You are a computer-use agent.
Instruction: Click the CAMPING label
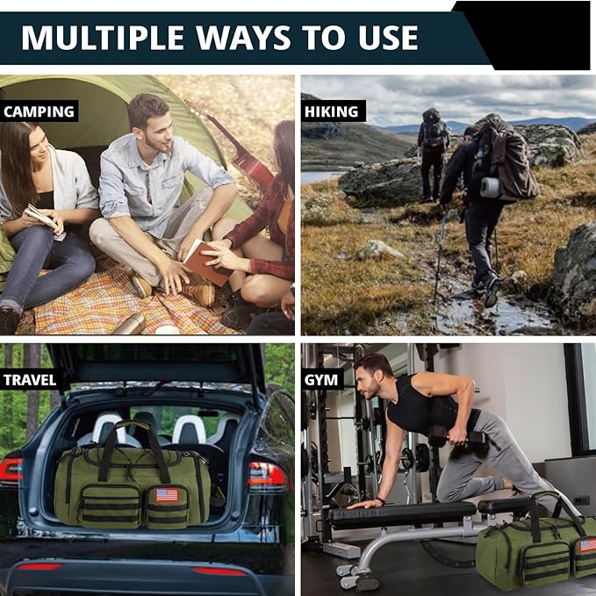(x=39, y=111)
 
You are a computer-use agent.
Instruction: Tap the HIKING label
(x=332, y=111)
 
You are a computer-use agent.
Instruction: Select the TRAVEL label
(x=30, y=380)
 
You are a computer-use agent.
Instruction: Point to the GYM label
(x=320, y=380)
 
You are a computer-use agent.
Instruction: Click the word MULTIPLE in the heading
(x=103, y=38)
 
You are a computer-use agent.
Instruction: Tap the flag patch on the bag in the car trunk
(x=167, y=495)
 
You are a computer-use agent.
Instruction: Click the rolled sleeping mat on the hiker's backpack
(x=490, y=187)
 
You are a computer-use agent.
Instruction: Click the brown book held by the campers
(x=206, y=262)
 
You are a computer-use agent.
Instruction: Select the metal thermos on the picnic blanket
(x=130, y=325)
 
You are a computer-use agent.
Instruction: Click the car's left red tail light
(x=11, y=470)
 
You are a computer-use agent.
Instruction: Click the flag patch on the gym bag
(x=587, y=545)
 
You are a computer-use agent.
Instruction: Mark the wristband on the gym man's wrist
(x=379, y=501)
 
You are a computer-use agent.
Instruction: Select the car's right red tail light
(x=267, y=474)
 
